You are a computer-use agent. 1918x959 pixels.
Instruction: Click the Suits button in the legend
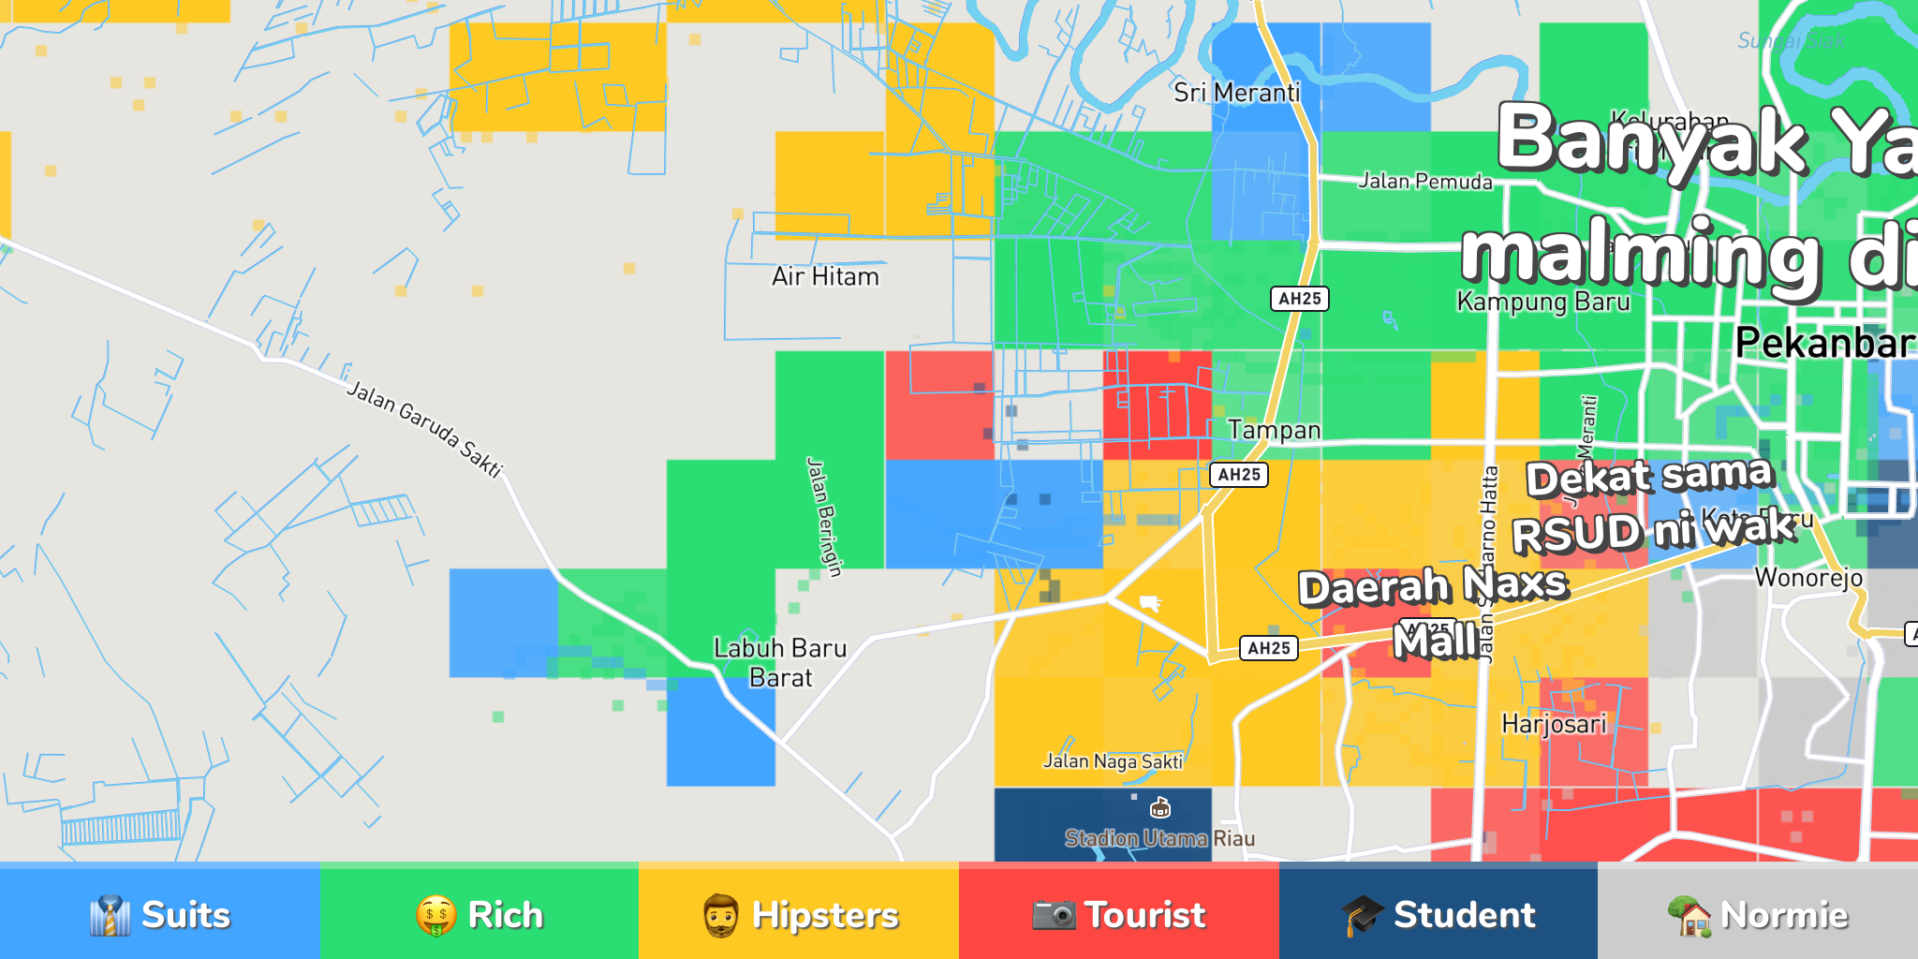pyautogui.click(x=160, y=914)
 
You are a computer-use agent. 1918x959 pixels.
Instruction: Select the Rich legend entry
pyautogui.click(x=479, y=914)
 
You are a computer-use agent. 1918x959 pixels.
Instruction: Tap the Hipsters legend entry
pyautogui.click(x=799, y=914)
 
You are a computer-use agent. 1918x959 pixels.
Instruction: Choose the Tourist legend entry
pyautogui.click(x=1119, y=914)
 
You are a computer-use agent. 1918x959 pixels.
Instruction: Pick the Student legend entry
pyautogui.click(x=1438, y=914)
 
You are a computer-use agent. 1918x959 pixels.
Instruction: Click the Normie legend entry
pyautogui.click(x=1758, y=914)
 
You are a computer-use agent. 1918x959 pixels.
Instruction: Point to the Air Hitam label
pyautogui.click(x=825, y=277)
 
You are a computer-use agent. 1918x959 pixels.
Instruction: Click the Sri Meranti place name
pyautogui.click(x=1236, y=93)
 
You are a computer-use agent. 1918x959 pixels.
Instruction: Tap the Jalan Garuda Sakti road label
pyautogui.click(x=425, y=428)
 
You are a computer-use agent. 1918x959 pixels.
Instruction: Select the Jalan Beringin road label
pyautogui.click(x=824, y=516)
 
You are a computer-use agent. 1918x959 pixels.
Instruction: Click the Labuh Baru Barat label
pyautogui.click(x=780, y=662)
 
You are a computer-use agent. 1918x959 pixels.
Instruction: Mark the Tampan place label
pyautogui.click(x=1274, y=430)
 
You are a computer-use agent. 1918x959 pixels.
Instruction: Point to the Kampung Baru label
pyautogui.click(x=1542, y=302)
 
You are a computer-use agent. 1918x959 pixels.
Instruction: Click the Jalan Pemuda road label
pyautogui.click(x=1425, y=182)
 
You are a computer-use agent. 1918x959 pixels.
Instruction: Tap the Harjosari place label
pyautogui.click(x=1554, y=724)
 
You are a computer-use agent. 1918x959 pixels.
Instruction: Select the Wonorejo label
pyautogui.click(x=1808, y=577)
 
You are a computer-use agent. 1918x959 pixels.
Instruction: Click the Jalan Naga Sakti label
pyautogui.click(x=1113, y=761)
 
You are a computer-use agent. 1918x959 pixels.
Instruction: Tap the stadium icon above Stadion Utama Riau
pyautogui.click(x=1160, y=807)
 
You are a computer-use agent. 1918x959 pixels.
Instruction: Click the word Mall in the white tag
pyautogui.click(x=1435, y=642)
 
